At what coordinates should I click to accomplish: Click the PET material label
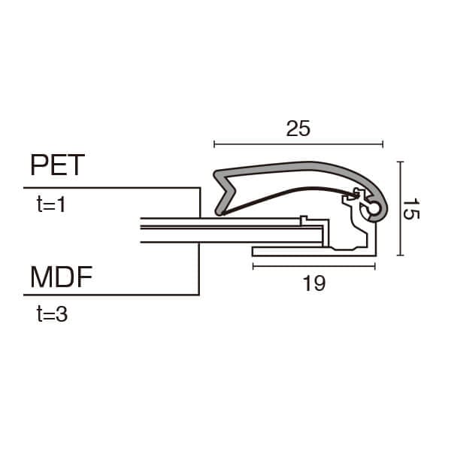coord(57,165)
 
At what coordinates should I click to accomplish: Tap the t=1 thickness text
coord(52,204)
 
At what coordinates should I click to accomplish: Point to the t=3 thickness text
coord(52,314)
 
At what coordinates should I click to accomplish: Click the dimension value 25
coord(298,129)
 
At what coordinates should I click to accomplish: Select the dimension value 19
coord(314,283)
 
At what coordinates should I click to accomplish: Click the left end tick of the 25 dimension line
coord(215,144)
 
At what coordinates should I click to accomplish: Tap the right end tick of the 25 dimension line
coord(383,144)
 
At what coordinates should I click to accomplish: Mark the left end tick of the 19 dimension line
coord(253,265)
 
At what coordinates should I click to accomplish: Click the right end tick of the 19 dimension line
coord(375,265)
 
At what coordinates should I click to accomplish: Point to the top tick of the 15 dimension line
coord(401,162)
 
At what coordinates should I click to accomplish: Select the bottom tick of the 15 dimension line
coord(401,256)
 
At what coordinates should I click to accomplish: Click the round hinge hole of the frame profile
coord(374,213)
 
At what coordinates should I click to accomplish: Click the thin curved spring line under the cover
coord(286,192)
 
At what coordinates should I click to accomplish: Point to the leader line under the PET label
coord(113,187)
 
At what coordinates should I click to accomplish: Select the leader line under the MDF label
coord(113,295)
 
